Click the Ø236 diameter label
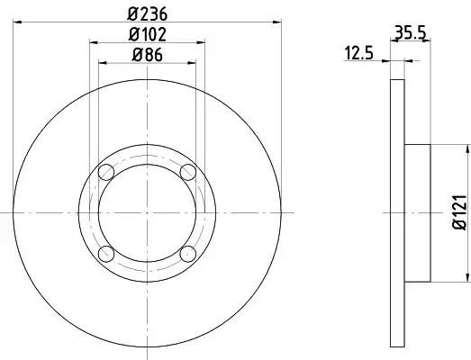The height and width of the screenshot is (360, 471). [x=147, y=14]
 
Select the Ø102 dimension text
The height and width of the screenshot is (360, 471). [x=147, y=34]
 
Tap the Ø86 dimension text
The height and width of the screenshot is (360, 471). [x=147, y=55]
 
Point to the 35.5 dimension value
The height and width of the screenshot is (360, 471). [x=411, y=32]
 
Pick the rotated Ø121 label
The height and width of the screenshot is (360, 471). [x=460, y=212]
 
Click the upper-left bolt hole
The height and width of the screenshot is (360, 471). [x=106, y=172]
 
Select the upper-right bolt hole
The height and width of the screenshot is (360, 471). [x=188, y=172]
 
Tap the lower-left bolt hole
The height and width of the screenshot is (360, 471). [x=106, y=254]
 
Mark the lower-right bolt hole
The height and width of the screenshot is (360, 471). [x=188, y=254]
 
